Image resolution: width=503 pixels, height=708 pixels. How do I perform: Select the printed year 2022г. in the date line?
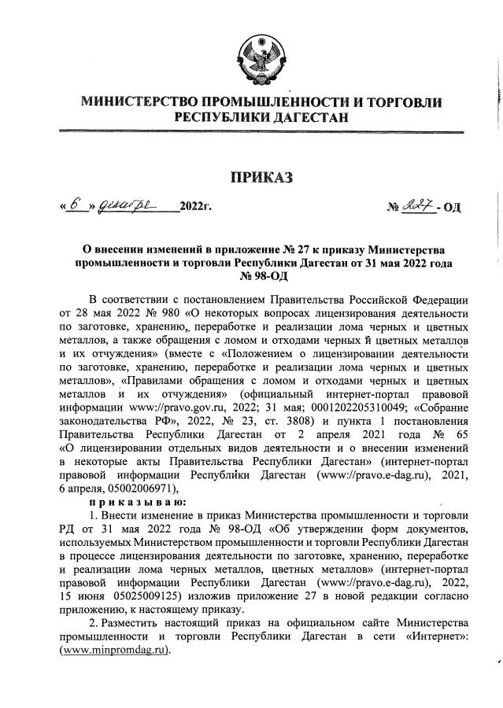tap(197, 208)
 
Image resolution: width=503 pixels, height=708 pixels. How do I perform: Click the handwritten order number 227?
tap(418, 206)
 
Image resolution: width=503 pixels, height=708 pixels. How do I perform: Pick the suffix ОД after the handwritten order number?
tap(454, 208)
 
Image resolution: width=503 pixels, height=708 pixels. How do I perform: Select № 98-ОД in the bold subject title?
tap(260, 275)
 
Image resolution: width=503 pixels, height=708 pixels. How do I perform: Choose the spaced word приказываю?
tap(137, 501)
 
